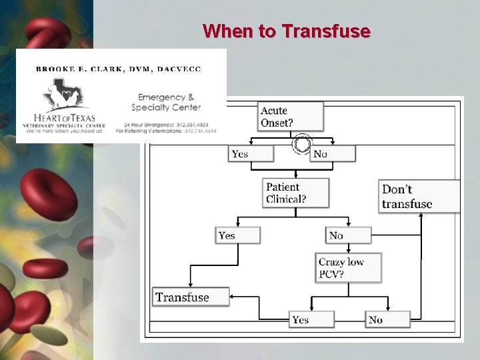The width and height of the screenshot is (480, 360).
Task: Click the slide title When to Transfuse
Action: click(x=287, y=31)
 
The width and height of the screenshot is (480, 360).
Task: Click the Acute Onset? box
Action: click(x=291, y=117)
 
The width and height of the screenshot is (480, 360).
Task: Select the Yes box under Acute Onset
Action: click(x=251, y=154)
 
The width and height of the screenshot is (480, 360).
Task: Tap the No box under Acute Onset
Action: click(x=333, y=154)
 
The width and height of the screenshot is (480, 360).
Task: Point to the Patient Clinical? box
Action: click(x=297, y=193)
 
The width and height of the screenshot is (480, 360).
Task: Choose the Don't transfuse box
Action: click(x=419, y=197)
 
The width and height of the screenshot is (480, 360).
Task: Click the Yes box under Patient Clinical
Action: click(x=238, y=235)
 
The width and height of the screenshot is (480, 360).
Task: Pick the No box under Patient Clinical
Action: click(x=348, y=235)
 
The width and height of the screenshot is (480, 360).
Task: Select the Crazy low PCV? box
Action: click(x=349, y=267)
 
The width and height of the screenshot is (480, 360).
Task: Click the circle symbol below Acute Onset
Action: click(x=302, y=144)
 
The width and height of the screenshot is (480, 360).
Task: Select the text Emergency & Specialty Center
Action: click(x=165, y=102)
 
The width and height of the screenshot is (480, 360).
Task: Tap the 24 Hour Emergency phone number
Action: click(x=195, y=125)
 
